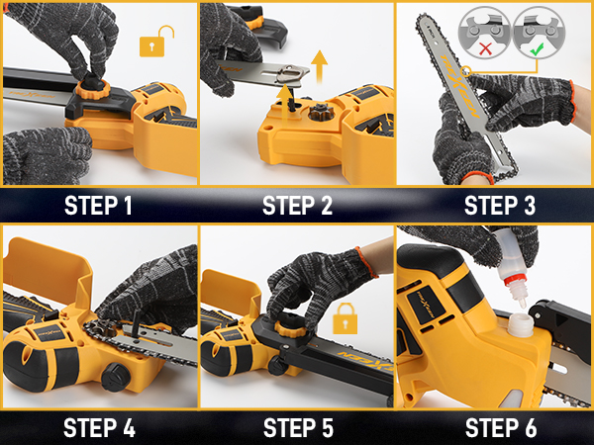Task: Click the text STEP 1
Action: click(99, 206)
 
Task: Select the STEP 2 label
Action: click(297, 206)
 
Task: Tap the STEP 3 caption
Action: click(498, 206)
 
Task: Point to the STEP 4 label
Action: click(99, 428)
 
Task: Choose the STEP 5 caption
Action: click(297, 428)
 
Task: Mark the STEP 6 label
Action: click(498, 428)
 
